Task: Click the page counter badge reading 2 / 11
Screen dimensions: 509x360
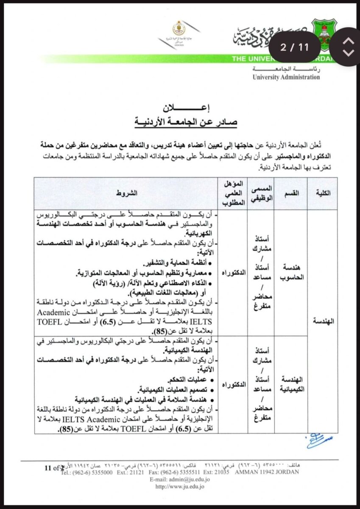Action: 295,47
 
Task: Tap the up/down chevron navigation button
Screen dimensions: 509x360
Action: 348,47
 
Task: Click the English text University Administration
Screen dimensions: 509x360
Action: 286,77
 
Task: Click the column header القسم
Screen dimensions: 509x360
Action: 293,193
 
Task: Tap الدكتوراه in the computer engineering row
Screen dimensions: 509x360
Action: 234,271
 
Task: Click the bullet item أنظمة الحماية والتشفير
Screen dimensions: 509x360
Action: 176,263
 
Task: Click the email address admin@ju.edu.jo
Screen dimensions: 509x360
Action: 180,479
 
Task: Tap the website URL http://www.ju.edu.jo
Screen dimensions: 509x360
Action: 180,487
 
